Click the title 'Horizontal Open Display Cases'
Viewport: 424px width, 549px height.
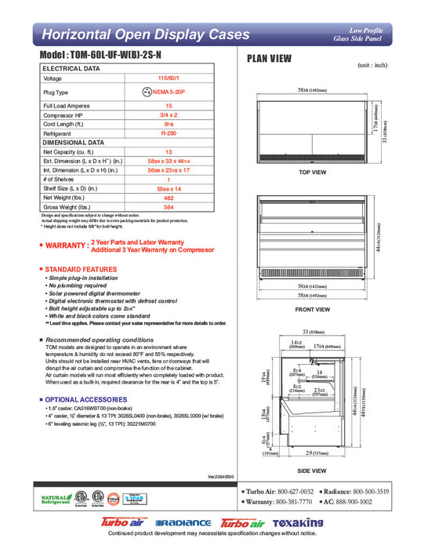[145, 35]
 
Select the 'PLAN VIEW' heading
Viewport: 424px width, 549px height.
[270, 58]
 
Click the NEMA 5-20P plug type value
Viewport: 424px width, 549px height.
[168, 92]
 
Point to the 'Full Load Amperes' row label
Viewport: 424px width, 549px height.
[67, 104]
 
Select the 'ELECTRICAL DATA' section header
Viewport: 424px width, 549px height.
[71, 69]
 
